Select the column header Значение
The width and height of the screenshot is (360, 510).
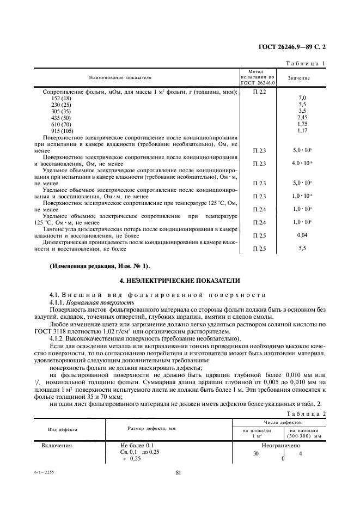[299, 78]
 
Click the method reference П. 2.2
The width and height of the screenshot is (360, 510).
[259, 92]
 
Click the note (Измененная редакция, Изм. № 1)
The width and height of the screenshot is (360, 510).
[99, 265]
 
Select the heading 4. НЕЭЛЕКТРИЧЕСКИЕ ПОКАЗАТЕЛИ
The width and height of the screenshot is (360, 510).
[179, 281]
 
